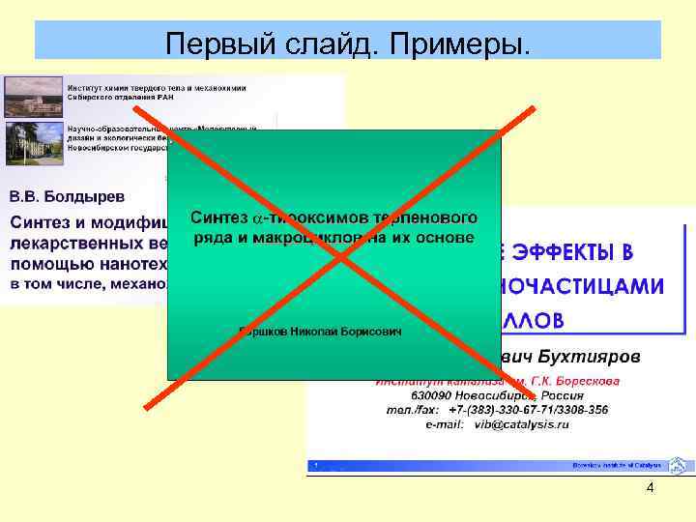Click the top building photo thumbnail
click(33, 96)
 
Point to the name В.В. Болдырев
click(68, 196)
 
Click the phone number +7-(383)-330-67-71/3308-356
click(528, 410)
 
